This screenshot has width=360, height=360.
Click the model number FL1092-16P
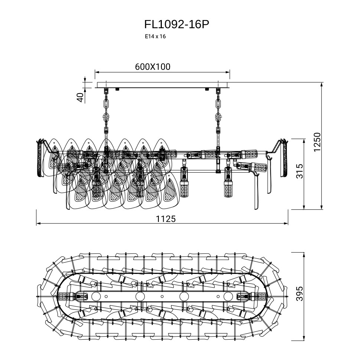click(177, 24)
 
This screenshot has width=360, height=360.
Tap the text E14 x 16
click(155, 36)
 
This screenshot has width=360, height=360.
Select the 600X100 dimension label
click(153, 67)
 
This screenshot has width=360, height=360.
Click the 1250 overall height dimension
click(317, 142)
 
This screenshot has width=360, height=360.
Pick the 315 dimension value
click(300, 171)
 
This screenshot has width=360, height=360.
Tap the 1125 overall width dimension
click(166, 219)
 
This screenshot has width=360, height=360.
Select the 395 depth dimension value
click(300, 294)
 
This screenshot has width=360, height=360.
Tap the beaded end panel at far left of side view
click(40, 158)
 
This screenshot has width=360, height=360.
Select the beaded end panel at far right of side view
click(285, 158)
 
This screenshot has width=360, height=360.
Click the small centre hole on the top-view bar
click(162, 297)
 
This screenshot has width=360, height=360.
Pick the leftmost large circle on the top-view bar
click(96, 297)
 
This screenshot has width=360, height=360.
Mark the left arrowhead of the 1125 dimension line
click(37, 224)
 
